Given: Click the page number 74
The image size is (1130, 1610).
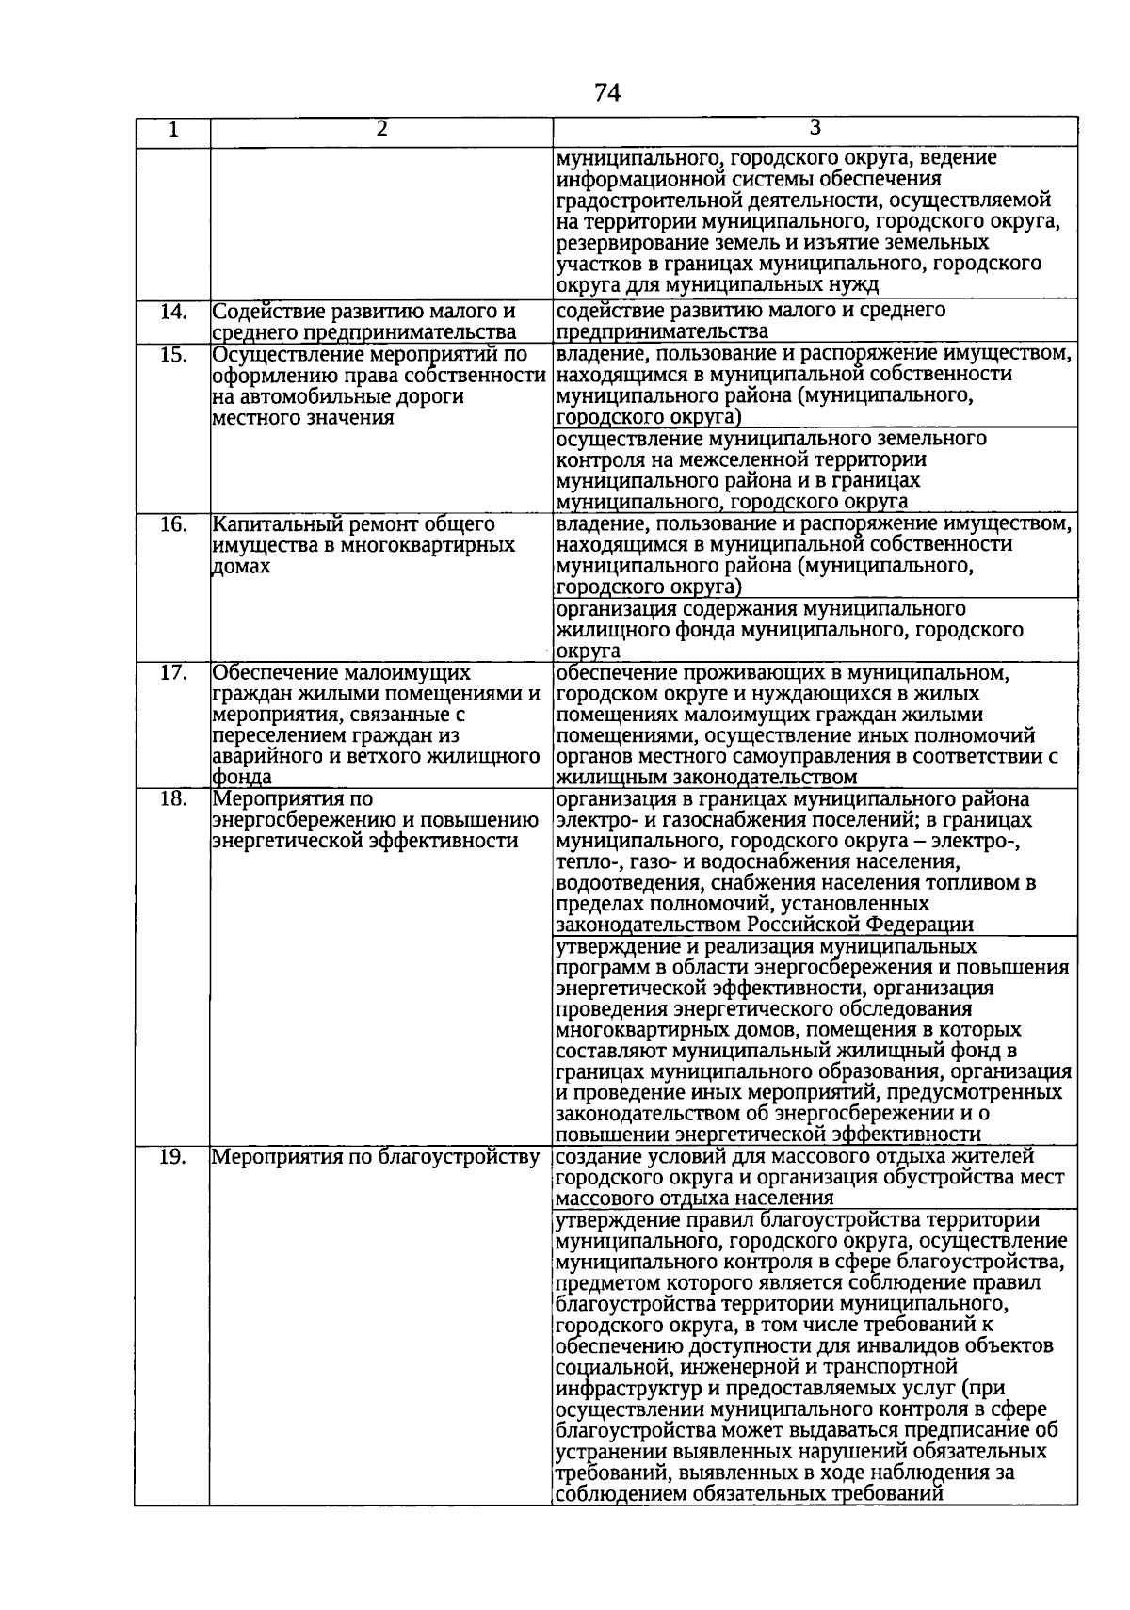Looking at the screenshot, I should (607, 92).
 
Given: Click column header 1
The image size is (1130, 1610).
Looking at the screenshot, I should (172, 131).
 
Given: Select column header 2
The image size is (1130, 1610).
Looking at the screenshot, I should (381, 130).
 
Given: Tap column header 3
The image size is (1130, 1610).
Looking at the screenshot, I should (815, 129).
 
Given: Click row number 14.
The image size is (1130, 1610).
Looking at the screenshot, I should (172, 311).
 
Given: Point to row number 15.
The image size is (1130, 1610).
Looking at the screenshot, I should (172, 354).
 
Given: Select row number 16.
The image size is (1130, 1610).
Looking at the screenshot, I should (172, 524).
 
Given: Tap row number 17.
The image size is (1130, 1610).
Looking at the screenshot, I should (172, 673).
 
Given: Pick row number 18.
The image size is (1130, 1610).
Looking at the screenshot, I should (172, 799).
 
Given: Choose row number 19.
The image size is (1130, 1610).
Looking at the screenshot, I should (172, 1157).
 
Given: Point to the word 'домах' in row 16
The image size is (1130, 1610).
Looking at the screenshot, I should (242, 567).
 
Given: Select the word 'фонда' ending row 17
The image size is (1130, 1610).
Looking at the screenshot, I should (243, 778).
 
